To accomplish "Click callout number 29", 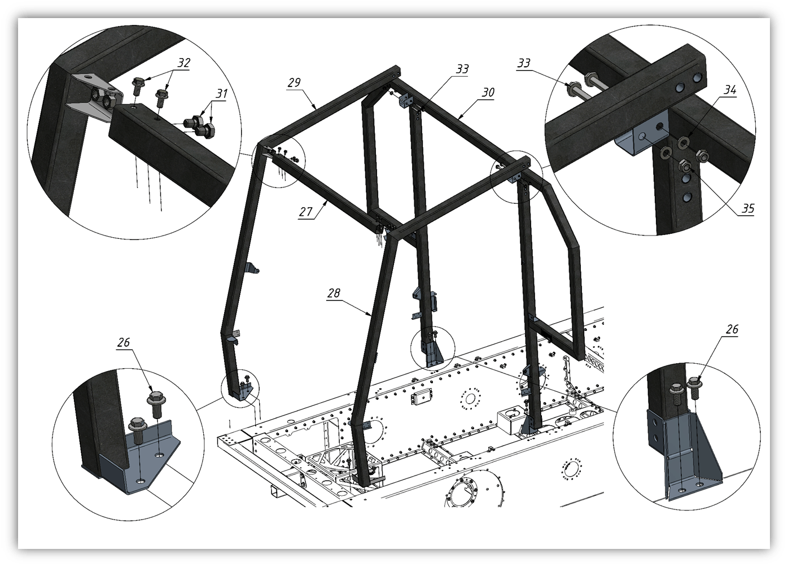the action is [x=294, y=82].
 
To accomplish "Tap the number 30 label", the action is [x=488, y=93].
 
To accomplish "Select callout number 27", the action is [x=306, y=212].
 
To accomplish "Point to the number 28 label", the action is [x=334, y=293].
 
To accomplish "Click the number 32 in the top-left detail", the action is [x=183, y=63].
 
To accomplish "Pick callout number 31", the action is [x=222, y=94].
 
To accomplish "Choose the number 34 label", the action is [x=730, y=90].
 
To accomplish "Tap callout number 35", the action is [x=748, y=209].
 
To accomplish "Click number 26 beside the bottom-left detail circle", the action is [x=124, y=342].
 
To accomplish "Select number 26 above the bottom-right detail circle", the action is [x=732, y=329].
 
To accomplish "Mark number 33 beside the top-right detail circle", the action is [x=524, y=63].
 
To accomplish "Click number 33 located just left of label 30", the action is [x=462, y=69].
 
